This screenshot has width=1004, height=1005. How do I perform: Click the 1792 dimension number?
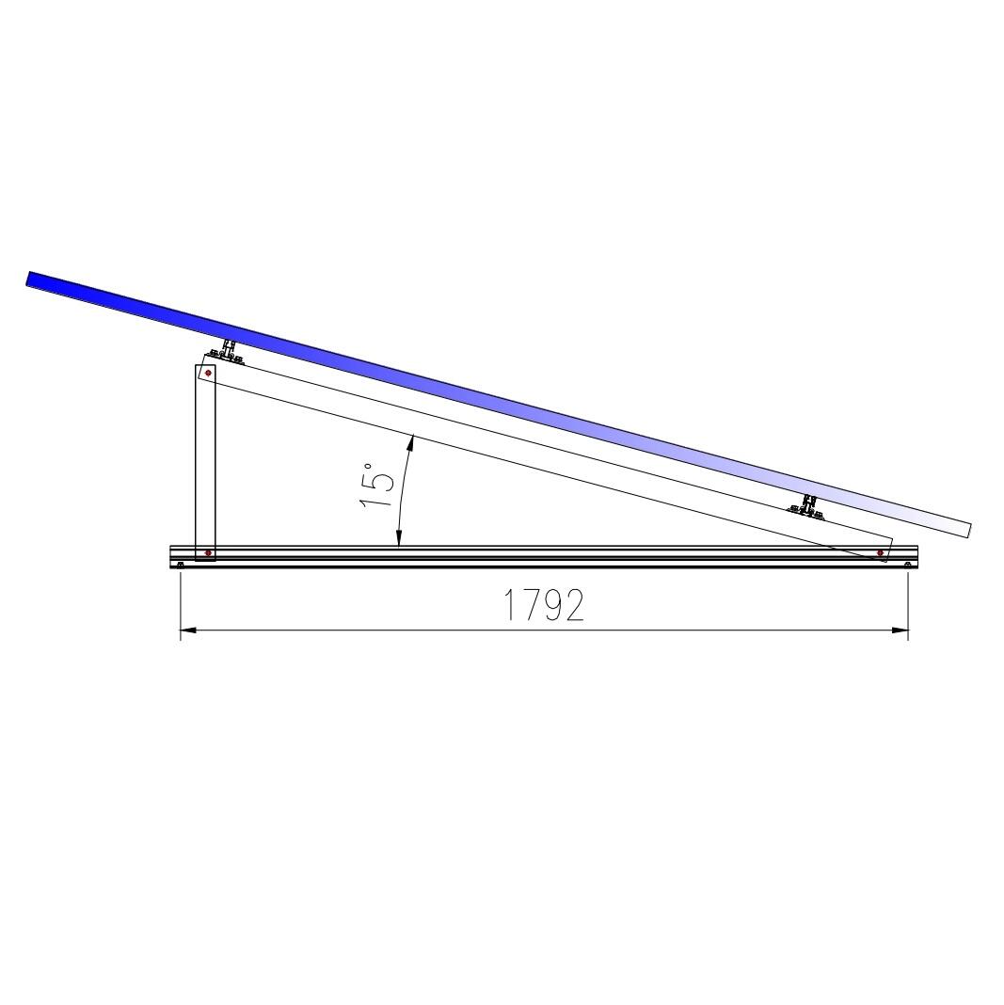pyautogui.click(x=544, y=605)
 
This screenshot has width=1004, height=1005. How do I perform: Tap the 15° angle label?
pyautogui.click(x=376, y=486)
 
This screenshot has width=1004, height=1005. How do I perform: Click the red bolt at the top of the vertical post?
pyautogui.click(x=208, y=373)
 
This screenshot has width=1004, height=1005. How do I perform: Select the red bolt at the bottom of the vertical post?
pyautogui.click(x=208, y=552)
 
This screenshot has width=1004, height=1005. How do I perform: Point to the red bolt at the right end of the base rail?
pyautogui.click(x=881, y=552)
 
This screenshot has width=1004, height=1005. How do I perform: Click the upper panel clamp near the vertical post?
pyautogui.click(x=226, y=353)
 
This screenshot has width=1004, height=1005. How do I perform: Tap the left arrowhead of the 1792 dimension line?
pyautogui.click(x=188, y=630)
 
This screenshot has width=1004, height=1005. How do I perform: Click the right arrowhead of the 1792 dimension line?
pyautogui.click(x=900, y=630)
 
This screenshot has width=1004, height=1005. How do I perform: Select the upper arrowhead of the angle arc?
pyautogui.click(x=412, y=442)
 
